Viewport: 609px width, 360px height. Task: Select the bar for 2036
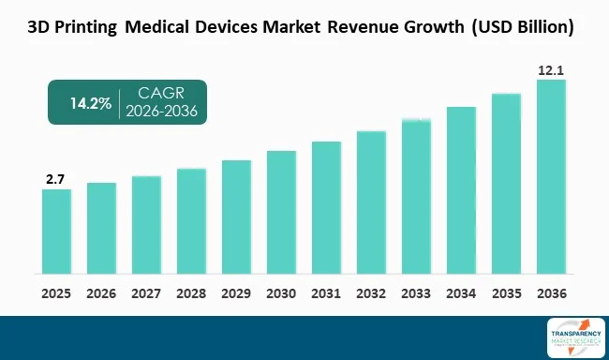point(551,178)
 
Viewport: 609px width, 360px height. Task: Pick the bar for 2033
point(416,197)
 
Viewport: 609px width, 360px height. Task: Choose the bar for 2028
point(191,222)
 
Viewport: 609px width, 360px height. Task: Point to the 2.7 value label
point(56,178)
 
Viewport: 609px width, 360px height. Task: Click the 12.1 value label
point(551,68)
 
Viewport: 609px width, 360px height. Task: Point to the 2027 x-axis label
point(146,292)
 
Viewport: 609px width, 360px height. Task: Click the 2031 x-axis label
point(326,292)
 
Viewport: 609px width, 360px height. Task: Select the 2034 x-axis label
point(461,292)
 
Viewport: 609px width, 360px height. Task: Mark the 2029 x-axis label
point(236,292)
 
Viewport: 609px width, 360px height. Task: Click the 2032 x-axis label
point(371,292)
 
